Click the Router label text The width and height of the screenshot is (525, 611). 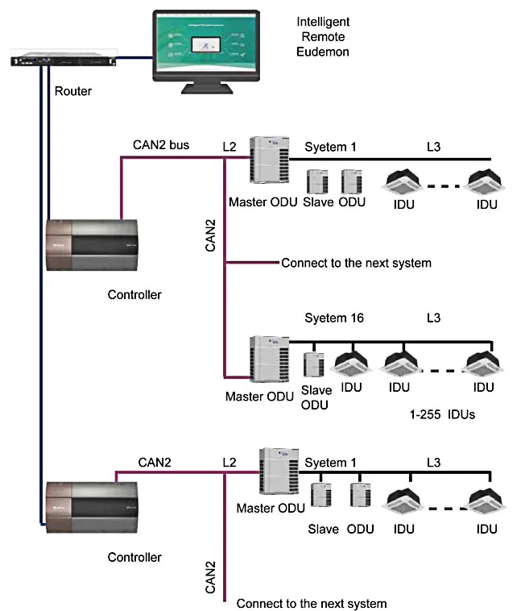click(72, 91)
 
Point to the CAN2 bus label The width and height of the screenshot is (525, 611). click(161, 146)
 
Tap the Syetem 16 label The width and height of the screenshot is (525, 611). click(334, 318)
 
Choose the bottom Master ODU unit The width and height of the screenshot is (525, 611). click(274, 472)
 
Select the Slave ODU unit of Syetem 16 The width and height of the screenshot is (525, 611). click(314, 365)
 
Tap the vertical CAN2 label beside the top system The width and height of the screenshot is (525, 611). click(211, 234)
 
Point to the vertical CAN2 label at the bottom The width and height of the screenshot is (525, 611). click(211, 577)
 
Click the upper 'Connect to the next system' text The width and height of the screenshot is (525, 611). click(356, 263)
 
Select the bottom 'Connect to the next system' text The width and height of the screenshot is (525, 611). click(312, 603)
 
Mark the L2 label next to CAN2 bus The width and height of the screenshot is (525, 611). click(229, 147)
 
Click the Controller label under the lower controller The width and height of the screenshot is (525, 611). click(134, 557)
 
